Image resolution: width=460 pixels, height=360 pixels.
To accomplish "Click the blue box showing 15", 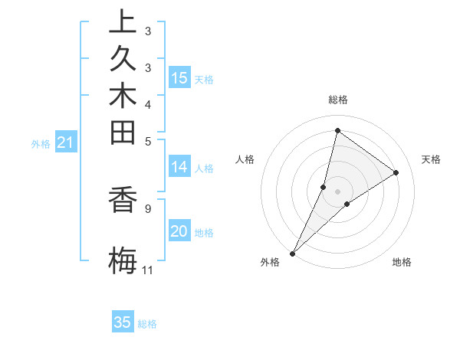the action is [x=179, y=78].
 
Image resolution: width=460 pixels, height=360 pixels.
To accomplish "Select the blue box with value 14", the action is [x=179, y=167].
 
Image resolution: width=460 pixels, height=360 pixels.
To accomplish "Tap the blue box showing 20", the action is [x=179, y=231].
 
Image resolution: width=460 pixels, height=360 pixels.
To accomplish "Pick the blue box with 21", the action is [x=66, y=142].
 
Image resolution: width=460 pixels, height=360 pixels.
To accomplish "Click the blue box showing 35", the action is [x=123, y=322].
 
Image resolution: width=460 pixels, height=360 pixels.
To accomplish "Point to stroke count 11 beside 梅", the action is [x=147, y=270].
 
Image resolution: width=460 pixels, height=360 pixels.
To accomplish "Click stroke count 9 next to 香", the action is [x=147, y=208].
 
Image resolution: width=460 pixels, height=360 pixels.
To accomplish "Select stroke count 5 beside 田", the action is [x=147, y=141].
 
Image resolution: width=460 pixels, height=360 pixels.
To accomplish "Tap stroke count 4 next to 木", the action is [x=147, y=103].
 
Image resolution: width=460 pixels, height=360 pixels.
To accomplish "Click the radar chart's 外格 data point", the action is [x=292, y=254].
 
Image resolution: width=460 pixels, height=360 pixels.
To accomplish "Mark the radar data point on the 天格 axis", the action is [x=396, y=173].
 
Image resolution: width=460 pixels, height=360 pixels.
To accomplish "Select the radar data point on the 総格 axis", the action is [x=337, y=130].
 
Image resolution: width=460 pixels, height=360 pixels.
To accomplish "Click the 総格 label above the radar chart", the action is [x=337, y=100].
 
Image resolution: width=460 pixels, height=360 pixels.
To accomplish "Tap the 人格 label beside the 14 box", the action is [x=205, y=169].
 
